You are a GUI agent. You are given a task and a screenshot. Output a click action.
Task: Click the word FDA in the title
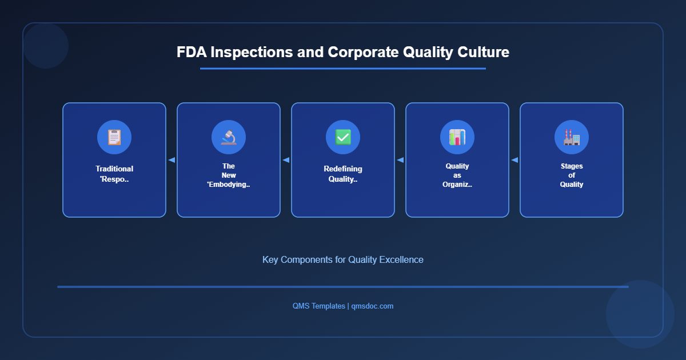coord(192,52)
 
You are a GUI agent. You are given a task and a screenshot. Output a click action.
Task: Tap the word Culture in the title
coord(483,52)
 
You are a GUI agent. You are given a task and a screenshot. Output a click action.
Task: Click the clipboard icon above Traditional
coord(114,137)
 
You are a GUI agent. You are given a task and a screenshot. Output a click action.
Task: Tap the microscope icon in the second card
coord(229,137)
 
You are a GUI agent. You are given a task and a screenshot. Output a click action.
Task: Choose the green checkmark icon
coord(343,137)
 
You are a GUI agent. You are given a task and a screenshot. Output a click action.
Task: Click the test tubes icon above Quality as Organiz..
coord(457,137)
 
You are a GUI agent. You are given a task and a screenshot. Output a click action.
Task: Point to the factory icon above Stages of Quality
coord(572,137)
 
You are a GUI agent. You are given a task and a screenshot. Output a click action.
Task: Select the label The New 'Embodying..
coord(229,175)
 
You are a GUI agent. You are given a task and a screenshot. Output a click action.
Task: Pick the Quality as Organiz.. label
coord(457,175)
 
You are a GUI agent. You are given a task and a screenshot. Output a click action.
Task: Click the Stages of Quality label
coord(572,175)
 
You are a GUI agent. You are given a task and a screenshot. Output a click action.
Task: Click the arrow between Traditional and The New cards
coord(171,160)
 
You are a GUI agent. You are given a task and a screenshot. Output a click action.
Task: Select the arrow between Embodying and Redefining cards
coord(286,160)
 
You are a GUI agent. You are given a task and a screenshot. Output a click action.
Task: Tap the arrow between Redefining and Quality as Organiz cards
coord(400,160)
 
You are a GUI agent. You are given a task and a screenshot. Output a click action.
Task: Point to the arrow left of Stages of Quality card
coord(514,160)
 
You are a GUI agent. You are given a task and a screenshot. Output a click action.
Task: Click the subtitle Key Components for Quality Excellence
coord(343,259)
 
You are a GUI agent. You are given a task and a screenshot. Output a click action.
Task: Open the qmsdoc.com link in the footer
coord(372,306)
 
